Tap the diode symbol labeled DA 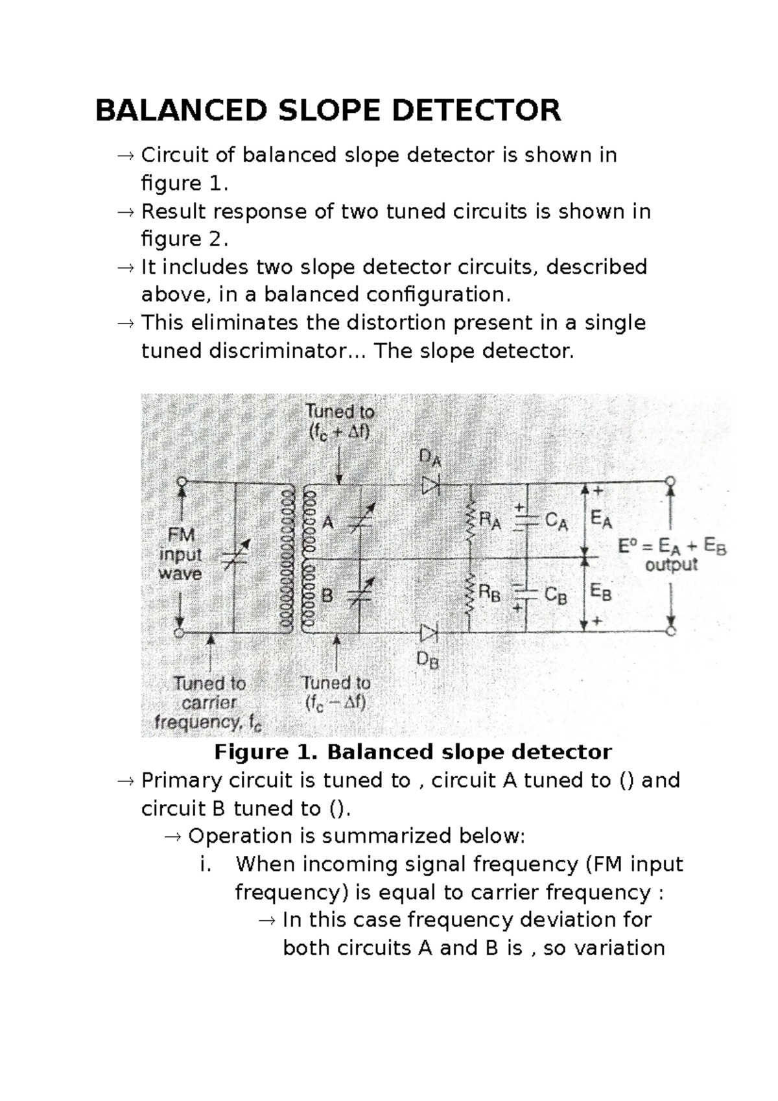click(430, 485)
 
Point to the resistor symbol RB click(470, 594)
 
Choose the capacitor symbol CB click(526, 593)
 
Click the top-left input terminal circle click(182, 482)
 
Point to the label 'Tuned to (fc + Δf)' click(340, 421)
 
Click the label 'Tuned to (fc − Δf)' click(336, 693)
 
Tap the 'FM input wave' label click(180, 554)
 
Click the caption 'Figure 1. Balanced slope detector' click(413, 752)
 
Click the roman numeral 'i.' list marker click(206, 864)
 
